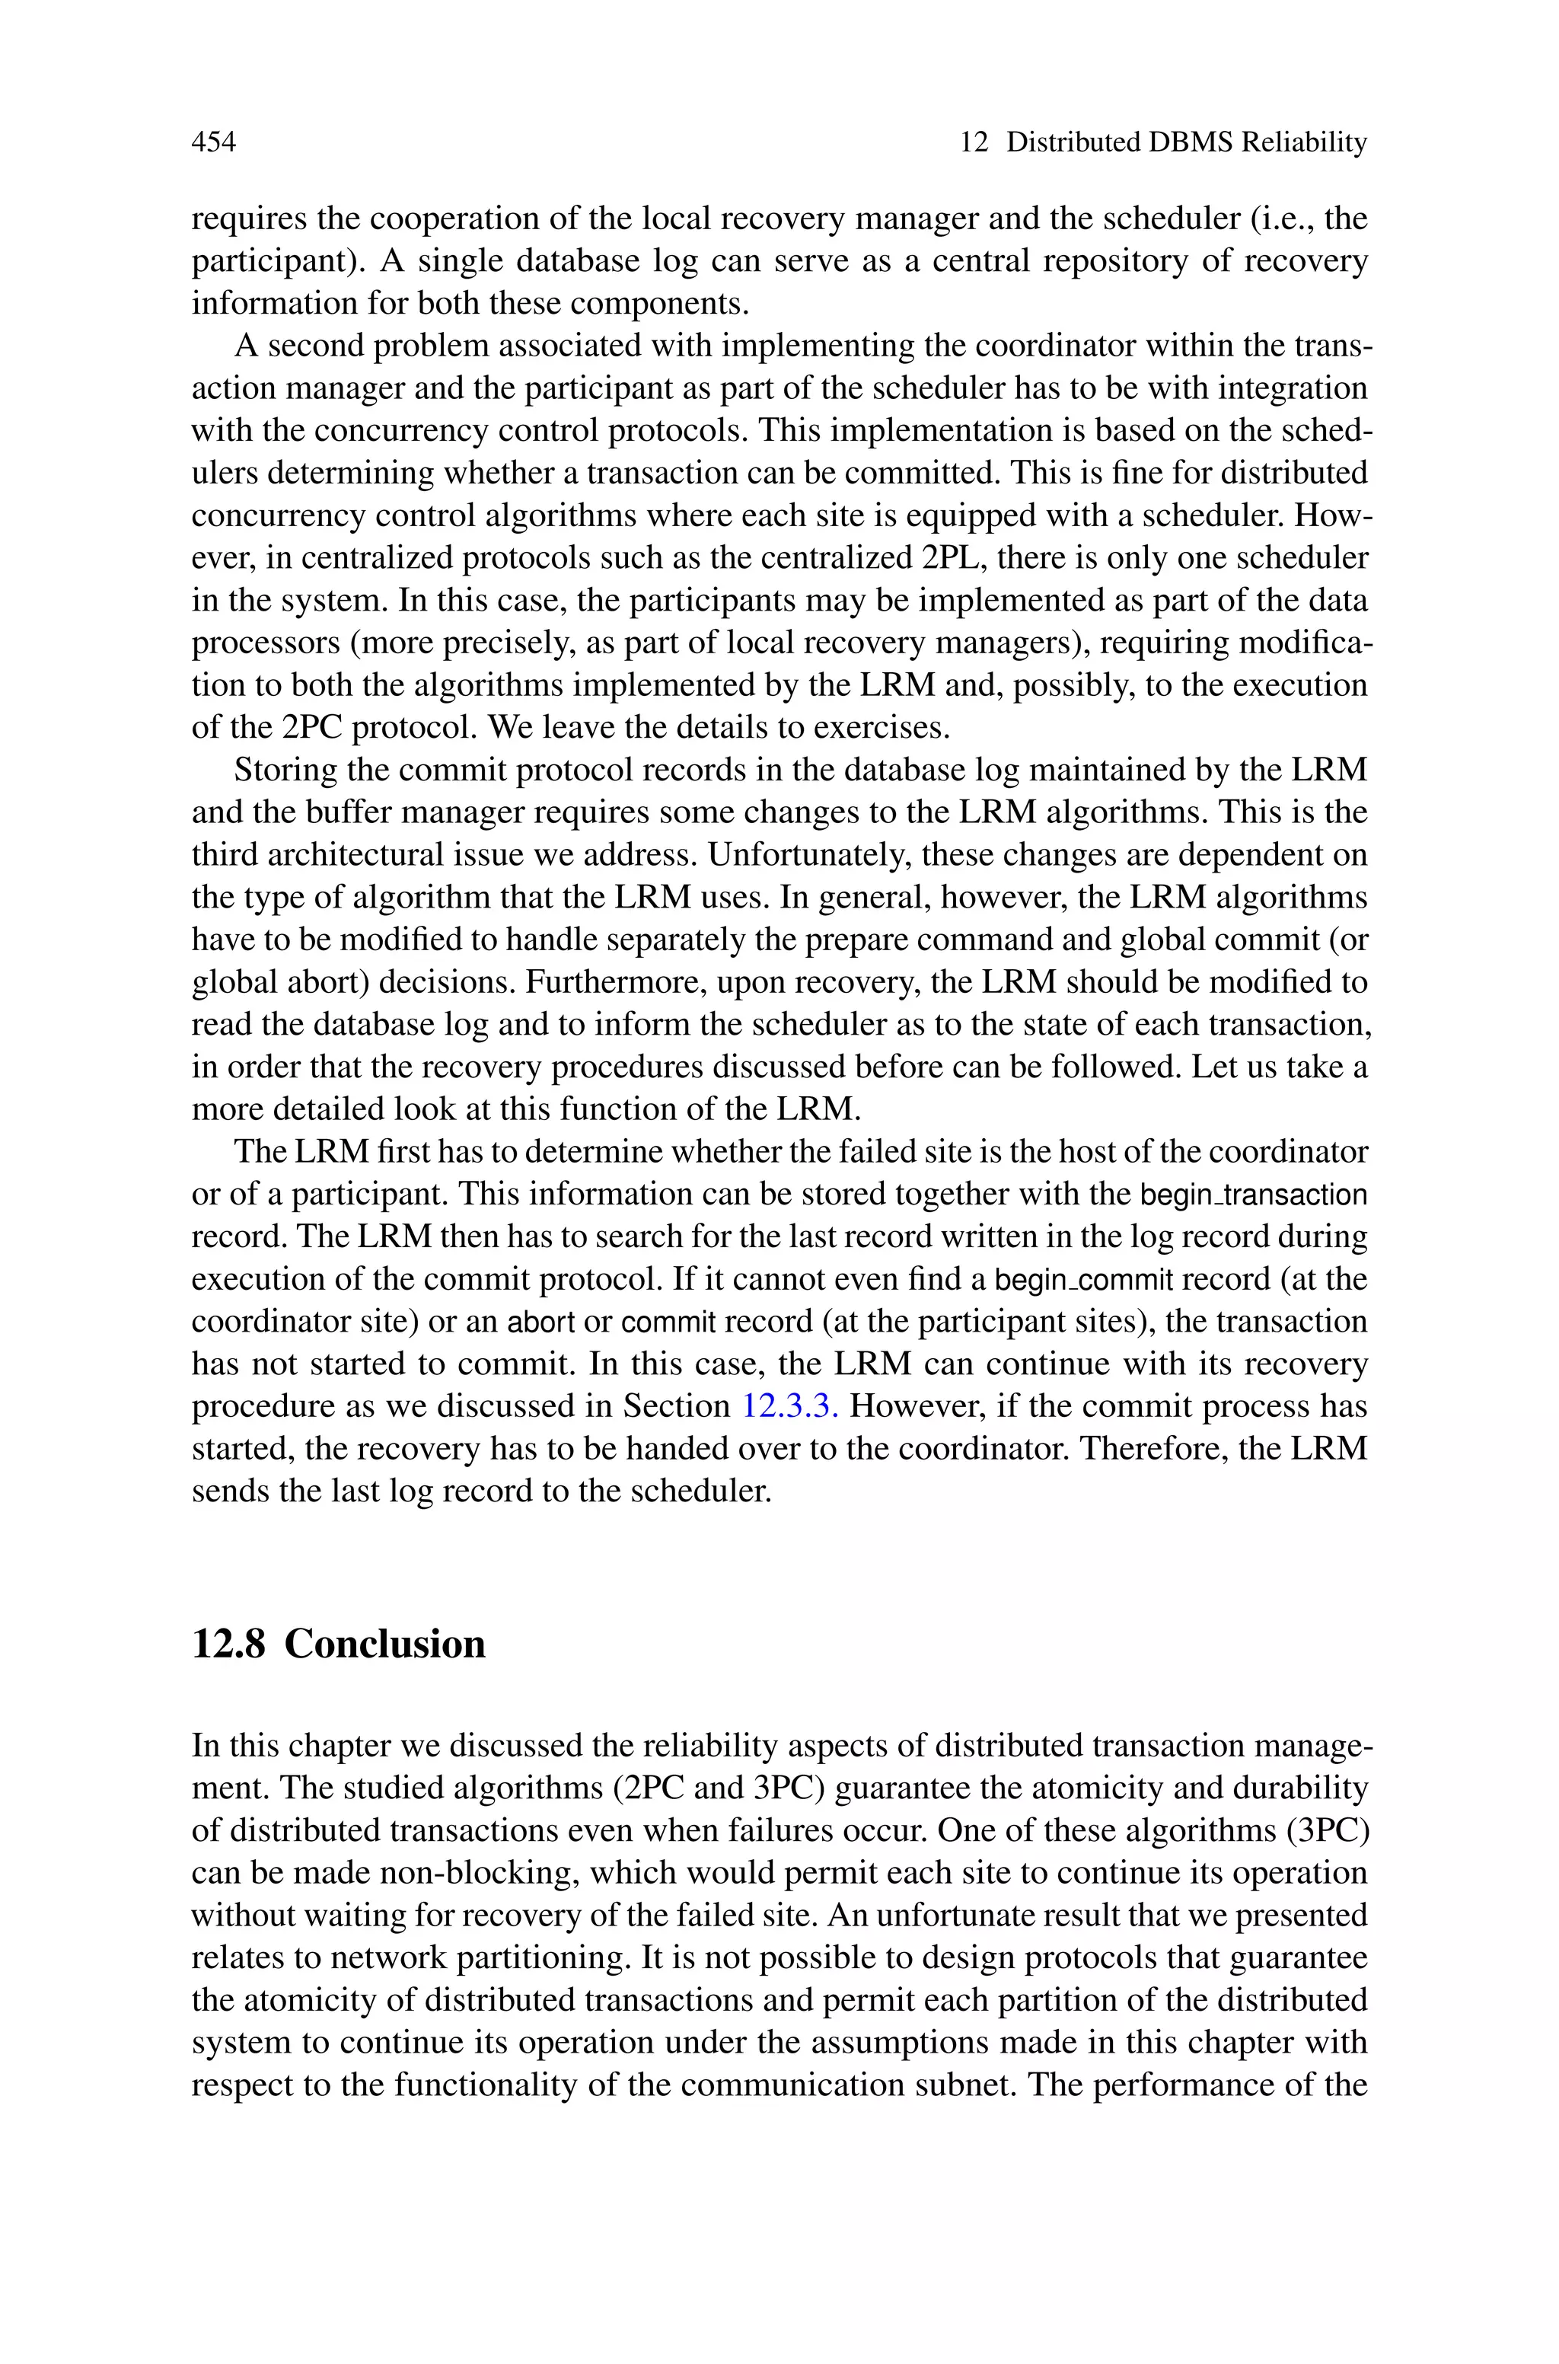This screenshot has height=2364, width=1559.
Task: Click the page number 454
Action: coord(213,143)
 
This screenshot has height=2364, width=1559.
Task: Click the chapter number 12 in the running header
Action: coord(974,143)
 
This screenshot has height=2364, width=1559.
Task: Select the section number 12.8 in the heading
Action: coord(228,1645)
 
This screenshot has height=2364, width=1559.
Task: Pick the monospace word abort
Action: coord(541,1322)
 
